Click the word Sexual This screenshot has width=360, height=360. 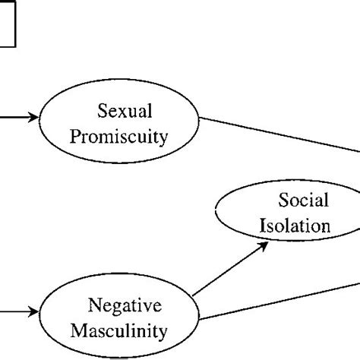[x=125, y=112]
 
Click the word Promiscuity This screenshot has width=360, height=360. [x=125, y=138]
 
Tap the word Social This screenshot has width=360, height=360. [x=303, y=201]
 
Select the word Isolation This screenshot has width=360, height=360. [x=295, y=226]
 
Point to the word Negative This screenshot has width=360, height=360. [x=125, y=306]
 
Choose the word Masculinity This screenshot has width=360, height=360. [x=126, y=331]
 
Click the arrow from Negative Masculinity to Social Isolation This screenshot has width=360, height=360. [x=228, y=270]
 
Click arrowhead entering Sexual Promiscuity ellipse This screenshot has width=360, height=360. [x=33, y=118]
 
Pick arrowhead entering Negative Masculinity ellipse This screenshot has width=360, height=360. [x=33, y=311]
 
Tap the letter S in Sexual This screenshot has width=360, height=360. [x=103, y=112]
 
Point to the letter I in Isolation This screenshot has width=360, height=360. [x=264, y=226]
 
